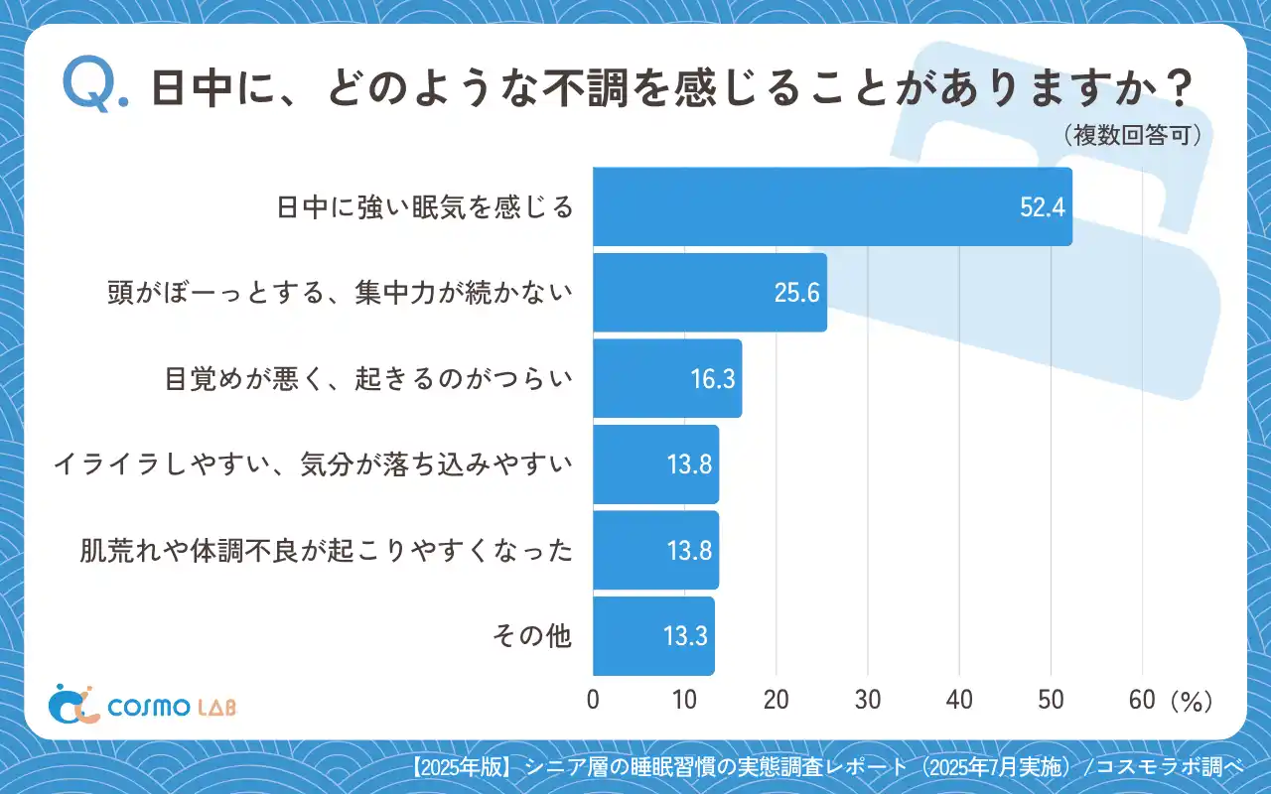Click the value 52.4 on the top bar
1043,206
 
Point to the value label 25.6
797,292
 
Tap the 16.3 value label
712,378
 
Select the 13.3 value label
685,636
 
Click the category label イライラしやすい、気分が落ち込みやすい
314,463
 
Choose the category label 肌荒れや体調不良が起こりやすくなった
327,550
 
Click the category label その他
532,636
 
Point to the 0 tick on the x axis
594,700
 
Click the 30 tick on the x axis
868,700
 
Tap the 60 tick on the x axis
1142,700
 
